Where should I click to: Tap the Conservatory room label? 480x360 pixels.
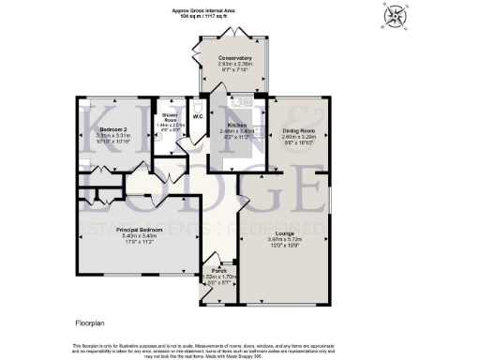(x=229, y=58)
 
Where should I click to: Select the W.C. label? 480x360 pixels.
(x=198, y=116)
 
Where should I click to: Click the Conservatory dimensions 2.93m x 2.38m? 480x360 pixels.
(x=229, y=64)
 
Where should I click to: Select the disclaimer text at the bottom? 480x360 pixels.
(x=240, y=349)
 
